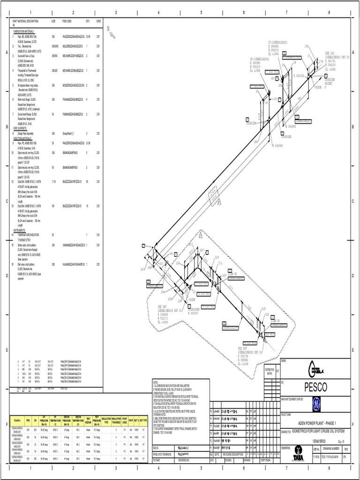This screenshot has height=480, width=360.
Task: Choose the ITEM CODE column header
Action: pyautogui.click(x=67, y=21)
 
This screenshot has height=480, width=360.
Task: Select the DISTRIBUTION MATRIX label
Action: pyautogui.click(x=269, y=371)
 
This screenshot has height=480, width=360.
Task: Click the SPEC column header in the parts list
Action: pyautogui.click(x=98, y=21)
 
